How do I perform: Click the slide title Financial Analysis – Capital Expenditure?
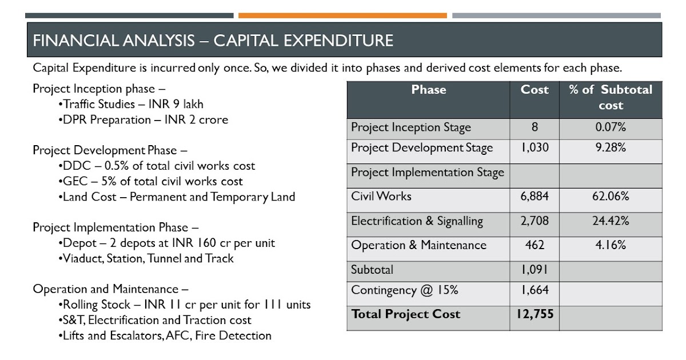(213, 41)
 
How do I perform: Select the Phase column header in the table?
(428, 90)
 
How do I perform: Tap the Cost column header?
(535, 90)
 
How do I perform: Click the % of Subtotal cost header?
(611, 97)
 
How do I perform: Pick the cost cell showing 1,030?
(535, 147)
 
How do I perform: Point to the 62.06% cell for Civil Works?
(611, 197)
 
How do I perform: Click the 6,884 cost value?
(535, 197)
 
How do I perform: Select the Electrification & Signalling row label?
(417, 221)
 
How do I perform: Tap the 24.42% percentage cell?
(611, 221)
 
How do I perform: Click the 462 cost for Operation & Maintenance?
(535, 246)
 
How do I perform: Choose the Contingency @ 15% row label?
(405, 290)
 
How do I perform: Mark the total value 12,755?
(535, 314)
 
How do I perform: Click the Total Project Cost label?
(405, 314)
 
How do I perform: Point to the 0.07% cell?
(611, 127)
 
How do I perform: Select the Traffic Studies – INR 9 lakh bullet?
(131, 105)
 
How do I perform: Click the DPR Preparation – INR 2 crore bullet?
(142, 120)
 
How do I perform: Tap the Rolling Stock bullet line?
(185, 305)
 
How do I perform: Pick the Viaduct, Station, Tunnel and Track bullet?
(146, 258)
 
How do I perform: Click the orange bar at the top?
(342, 15)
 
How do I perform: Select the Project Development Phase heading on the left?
(110, 151)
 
